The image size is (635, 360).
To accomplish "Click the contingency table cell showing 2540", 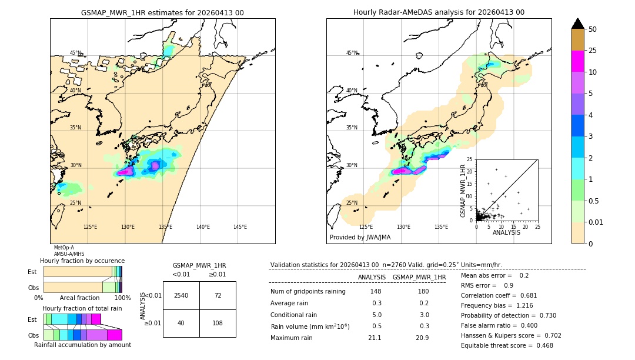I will pyautogui.click(x=181, y=295).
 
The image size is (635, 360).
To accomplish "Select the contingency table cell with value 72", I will pyautogui.click(x=218, y=295).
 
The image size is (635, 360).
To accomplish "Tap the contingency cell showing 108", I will pyautogui.click(x=218, y=323).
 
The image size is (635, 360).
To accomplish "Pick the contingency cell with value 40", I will pyautogui.click(x=181, y=323).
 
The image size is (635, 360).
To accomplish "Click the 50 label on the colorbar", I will pyautogui.click(x=593, y=29).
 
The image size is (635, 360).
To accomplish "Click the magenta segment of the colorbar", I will pyautogui.click(x=577, y=61).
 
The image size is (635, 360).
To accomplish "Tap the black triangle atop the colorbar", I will pyautogui.click(x=577, y=23).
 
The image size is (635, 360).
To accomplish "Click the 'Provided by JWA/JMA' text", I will pyautogui.click(x=360, y=237).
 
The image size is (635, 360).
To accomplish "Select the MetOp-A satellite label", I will pyautogui.click(x=64, y=248).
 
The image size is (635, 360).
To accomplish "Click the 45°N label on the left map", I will pyautogui.click(x=76, y=53).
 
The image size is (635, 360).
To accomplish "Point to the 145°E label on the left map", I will pyautogui.click(x=240, y=227).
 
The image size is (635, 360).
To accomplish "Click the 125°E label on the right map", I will pyautogui.click(x=366, y=227).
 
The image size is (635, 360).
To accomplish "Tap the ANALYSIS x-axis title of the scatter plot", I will pyautogui.click(x=506, y=232).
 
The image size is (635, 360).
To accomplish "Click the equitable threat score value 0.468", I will pyautogui.click(x=540, y=345).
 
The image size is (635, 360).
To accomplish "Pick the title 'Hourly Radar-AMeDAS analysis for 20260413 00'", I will pyautogui.click(x=439, y=12).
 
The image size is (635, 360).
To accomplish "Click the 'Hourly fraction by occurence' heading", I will pyautogui.click(x=82, y=261).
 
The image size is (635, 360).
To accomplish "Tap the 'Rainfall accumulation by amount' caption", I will pyautogui.click(x=82, y=345).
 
